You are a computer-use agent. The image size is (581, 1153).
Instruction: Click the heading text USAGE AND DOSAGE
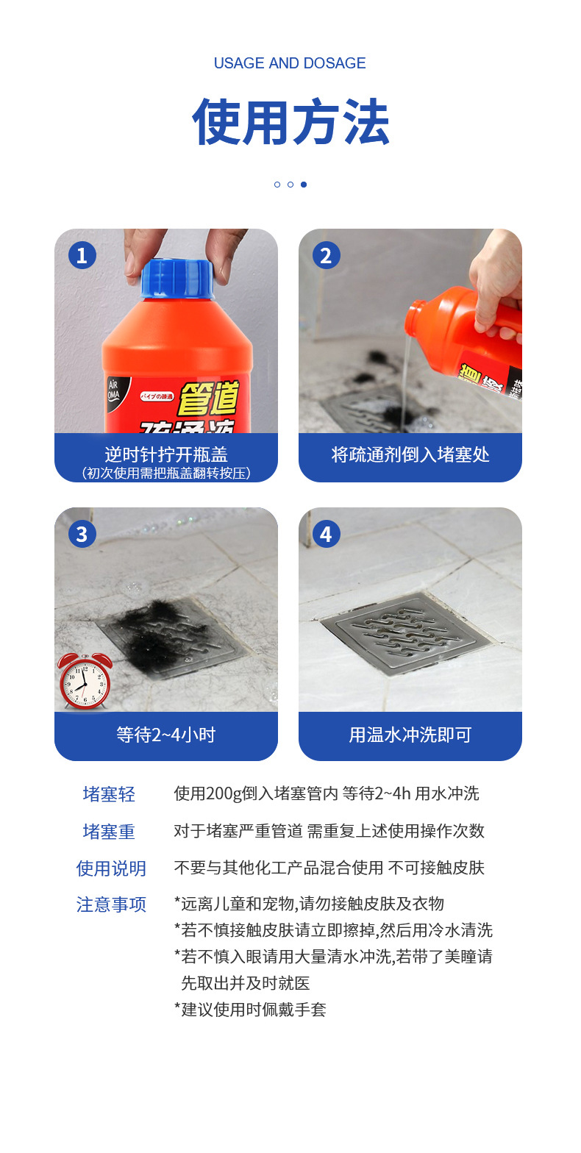coord(290,63)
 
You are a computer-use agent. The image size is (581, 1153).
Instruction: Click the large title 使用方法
coord(290,122)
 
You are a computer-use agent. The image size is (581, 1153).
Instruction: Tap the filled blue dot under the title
coord(304,185)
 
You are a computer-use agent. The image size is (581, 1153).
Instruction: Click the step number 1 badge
coord(82,255)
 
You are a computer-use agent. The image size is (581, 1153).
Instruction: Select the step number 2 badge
coord(326,255)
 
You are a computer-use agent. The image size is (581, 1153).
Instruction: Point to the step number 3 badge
coord(82,534)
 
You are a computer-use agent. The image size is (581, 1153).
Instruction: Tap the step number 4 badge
coord(326,534)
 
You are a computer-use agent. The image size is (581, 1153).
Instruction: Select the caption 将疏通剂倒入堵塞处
coord(410,454)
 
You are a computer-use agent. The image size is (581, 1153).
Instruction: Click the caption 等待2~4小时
coord(165,734)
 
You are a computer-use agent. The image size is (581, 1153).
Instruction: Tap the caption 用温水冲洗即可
coord(410,734)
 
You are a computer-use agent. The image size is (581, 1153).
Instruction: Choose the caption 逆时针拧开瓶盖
coord(165,453)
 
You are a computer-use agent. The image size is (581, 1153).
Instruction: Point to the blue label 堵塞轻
coord(109,794)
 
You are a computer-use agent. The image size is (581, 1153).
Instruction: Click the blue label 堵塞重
coord(109,832)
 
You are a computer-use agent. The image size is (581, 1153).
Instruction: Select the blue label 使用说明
coord(111,868)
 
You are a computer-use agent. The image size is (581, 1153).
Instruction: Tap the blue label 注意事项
coord(111,904)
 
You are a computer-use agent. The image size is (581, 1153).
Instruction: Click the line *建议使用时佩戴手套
coord(250,1010)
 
